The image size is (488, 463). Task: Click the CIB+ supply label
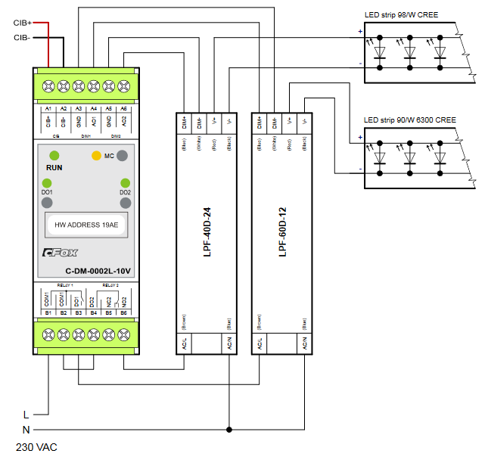(x=21, y=23)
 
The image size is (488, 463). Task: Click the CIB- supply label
(x=21, y=36)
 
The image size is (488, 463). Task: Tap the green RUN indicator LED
(x=54, y=155)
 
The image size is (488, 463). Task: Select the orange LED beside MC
(x=96, y=156)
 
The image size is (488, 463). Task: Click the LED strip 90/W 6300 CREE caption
(x=409, y=120)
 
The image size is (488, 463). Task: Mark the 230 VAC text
(x=36, y=447)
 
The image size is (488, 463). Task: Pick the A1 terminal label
(x=48, y=110)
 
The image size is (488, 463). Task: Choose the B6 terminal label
(x=123, y=312)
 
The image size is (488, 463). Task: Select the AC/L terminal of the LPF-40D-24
(x=184, y=344)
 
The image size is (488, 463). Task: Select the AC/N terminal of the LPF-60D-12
(x=304, y=344)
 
